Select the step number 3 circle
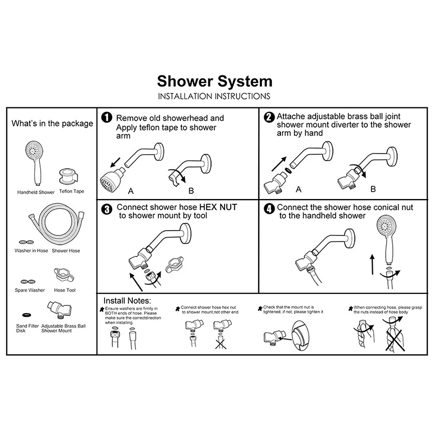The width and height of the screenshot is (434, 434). pyautogui.click(x=107, y=208)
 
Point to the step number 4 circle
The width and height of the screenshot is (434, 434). pyautogui.click(x=269, y=208)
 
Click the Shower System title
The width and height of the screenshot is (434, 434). pyautogui.click(x=214, y=81)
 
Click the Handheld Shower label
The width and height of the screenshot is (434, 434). pyautogui.click(x=36, y=192)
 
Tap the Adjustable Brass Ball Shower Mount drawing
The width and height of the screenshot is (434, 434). pyautogui.click(x=57, y=310)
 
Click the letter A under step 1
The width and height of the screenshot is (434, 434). pyautogui.click(x=130, y=192)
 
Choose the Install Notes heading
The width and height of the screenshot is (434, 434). pyautogui.click(x=127, y=300)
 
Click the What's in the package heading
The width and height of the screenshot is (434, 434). pyautogui.click(x=52, y=123)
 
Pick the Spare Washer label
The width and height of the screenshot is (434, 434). pyautogui.click(x=30, y=290)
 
